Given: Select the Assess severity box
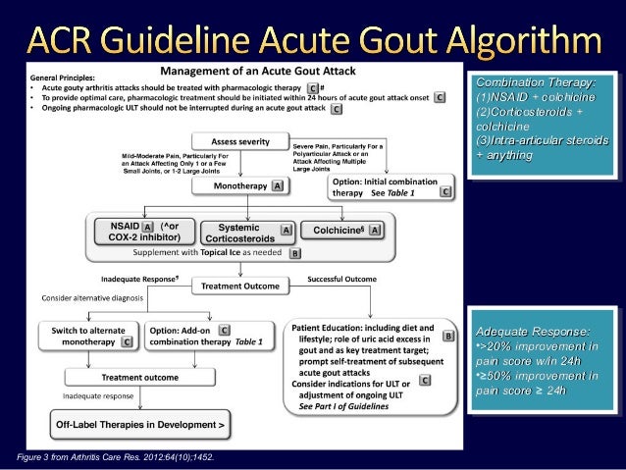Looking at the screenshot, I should pyautogui.click(x=235, y=141).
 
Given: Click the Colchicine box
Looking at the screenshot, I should pyautogui.click(x=344, y=229).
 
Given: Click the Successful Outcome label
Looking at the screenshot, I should pyautogui.click(x=341, y=280).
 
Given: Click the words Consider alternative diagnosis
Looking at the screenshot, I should pyautogui.click(x=91, y=297).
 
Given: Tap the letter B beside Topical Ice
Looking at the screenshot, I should pyautogui.click(x=295, y=253).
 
